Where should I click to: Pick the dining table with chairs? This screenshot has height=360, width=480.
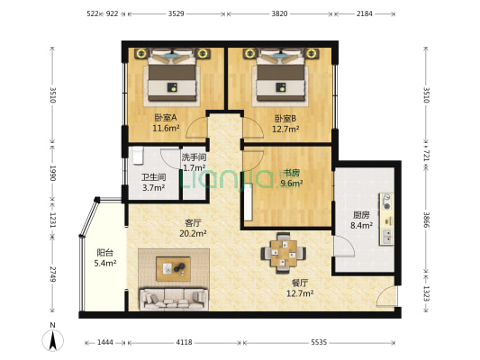[282, 252]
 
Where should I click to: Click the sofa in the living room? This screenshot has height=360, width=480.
[173, 298]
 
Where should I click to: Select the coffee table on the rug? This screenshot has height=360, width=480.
[172, 267]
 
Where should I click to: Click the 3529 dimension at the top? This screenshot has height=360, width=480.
[177, 14]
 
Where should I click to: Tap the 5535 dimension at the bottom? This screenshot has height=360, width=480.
[319, 343]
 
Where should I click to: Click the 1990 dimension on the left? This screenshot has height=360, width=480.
[53, 173]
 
